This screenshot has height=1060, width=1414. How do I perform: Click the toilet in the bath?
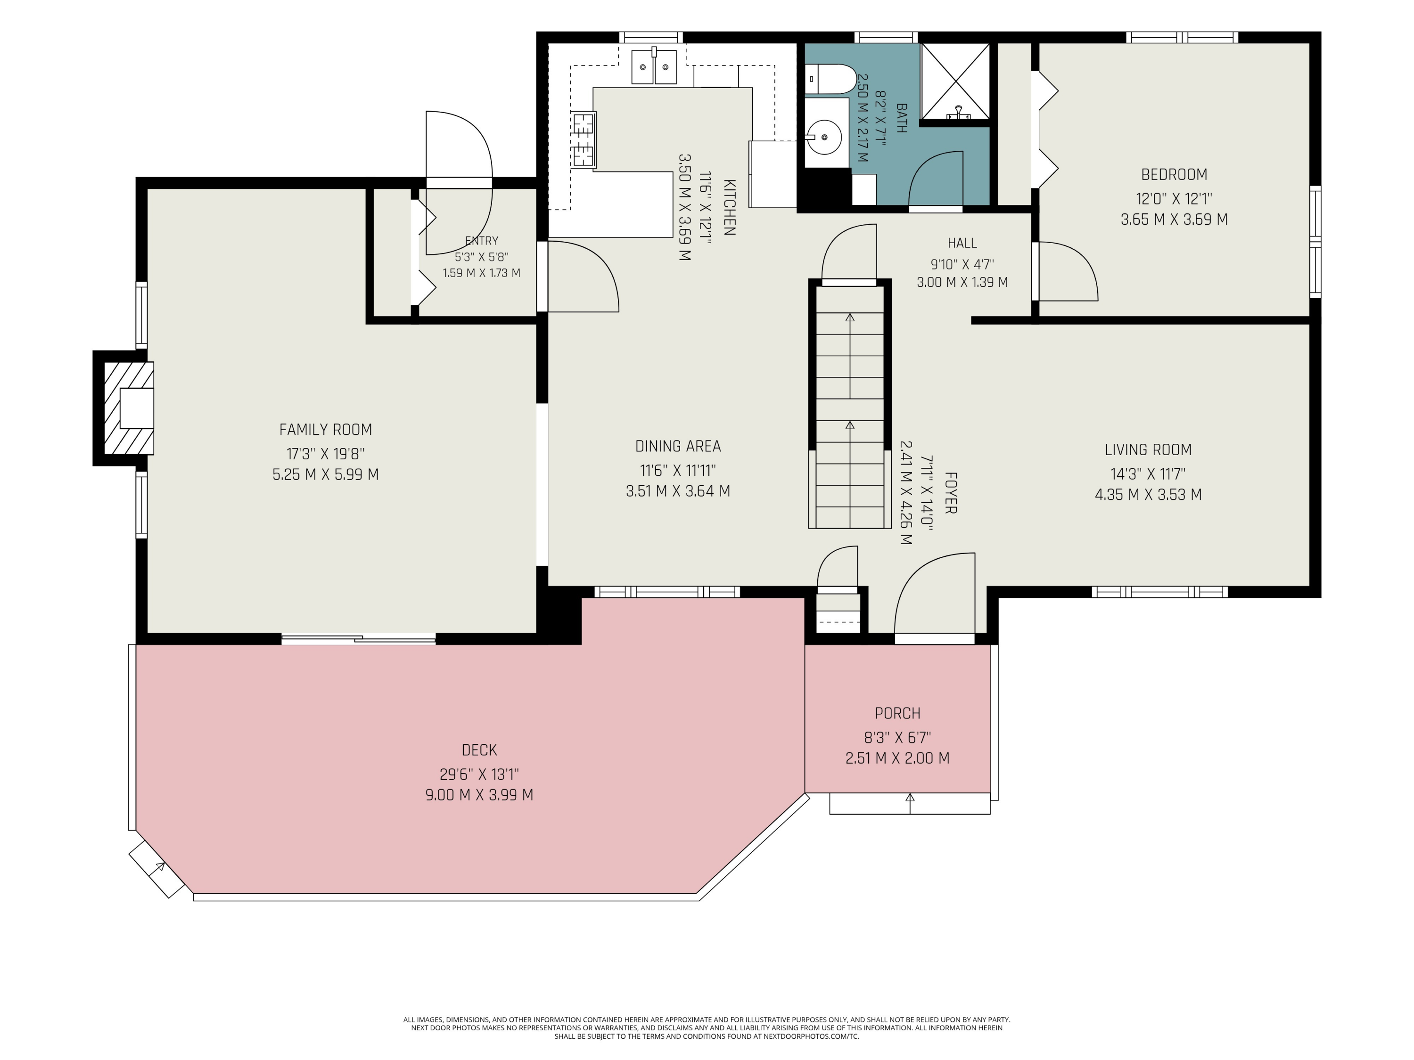click(x=830, y=79)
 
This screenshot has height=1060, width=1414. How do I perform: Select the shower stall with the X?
click(x=955, y=81)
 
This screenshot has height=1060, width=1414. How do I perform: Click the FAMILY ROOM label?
click(x=325, y=429)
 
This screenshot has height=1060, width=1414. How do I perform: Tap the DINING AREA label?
click(x=678, y=446)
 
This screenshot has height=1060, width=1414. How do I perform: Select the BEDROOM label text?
click(x=1174, y=174)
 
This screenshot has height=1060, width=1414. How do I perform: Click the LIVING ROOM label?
click(x=1148, y=450)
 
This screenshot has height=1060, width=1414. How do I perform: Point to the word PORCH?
click(x=897, y=713)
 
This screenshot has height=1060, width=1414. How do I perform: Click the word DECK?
click(x=479, y=750)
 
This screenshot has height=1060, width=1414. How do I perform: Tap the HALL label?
click(x=962, y=243)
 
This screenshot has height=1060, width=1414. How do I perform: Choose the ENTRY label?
click(x=481, y=241)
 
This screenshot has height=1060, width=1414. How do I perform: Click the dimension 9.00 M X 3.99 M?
click(x=479, y=795)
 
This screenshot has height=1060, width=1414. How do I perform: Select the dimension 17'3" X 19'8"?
click(x=325, y=454)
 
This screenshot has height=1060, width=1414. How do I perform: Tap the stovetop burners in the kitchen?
click(x=584, y=139)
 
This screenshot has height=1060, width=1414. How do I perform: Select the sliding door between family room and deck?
click(x=359, y=638)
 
